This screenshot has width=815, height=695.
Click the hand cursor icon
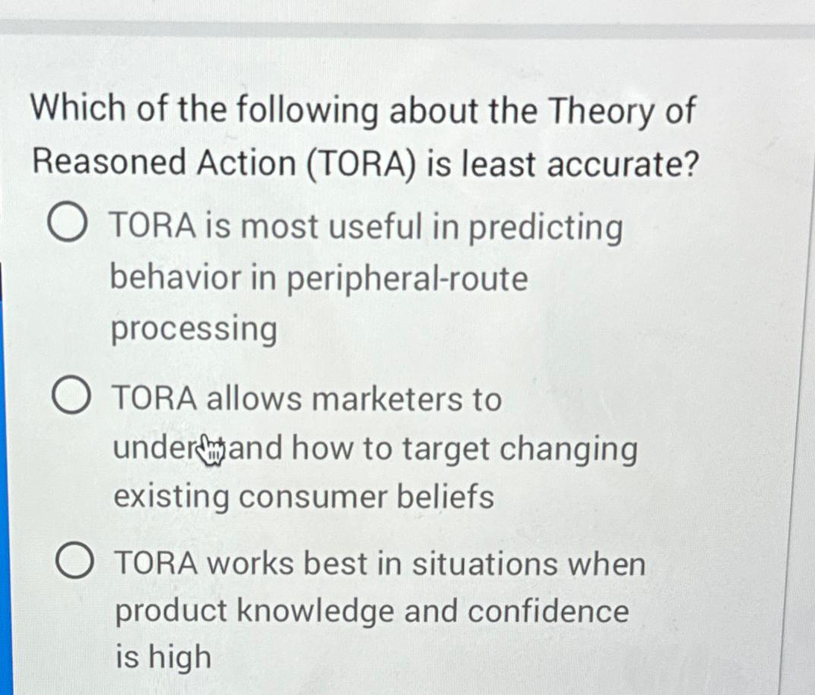(x=210, y=449)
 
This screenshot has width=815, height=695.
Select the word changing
(x=579, y=450)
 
